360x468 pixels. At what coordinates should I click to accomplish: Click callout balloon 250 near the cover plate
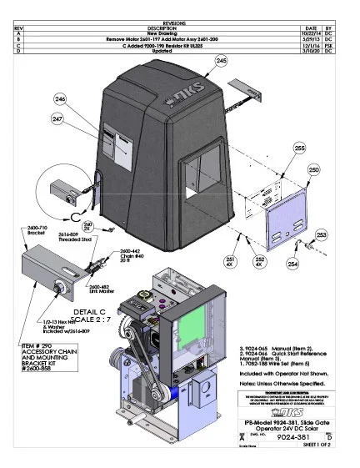[x=313, y=169]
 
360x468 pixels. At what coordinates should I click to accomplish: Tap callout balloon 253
[x=322, y=235]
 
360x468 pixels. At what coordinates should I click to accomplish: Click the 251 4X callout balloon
[x=231, y=261]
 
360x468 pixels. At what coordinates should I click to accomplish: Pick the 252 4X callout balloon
[x=259, y=261]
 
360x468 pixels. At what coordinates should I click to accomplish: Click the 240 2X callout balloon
[x=88, y=226]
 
